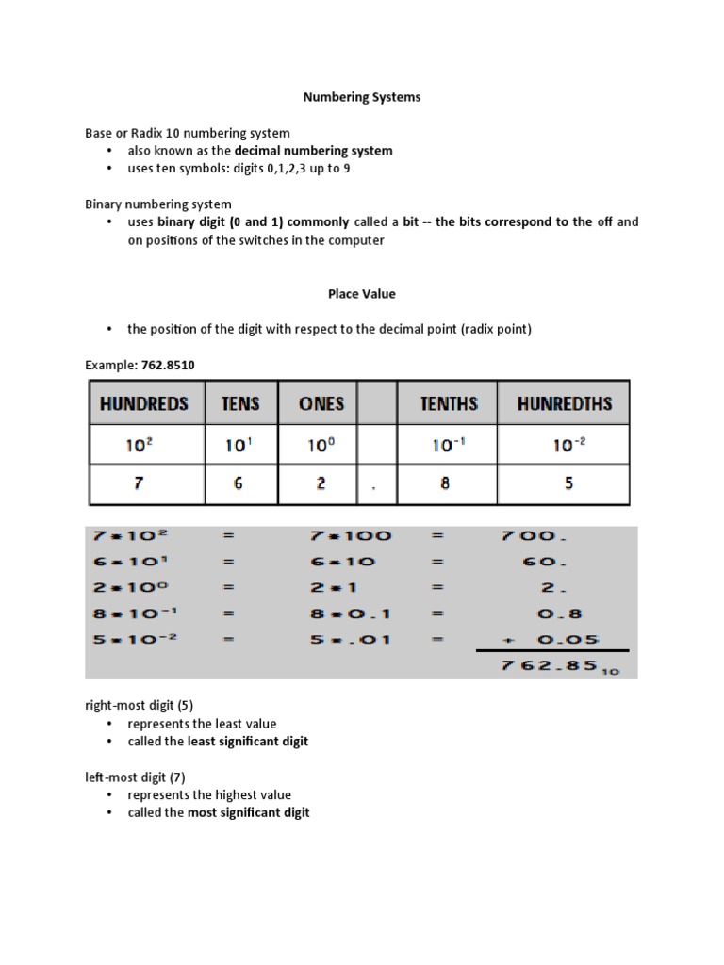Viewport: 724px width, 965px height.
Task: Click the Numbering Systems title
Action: coord(361,97)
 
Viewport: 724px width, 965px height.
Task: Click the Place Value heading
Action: coord(361,294)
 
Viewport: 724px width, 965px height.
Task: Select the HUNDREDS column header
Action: coord(144,403)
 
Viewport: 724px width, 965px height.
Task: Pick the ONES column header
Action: coord(321,403)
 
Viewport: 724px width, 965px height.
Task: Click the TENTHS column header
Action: coord(449,403)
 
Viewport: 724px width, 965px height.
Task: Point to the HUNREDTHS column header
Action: coord(564,403)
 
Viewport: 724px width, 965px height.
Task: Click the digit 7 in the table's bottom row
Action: coord(139,483)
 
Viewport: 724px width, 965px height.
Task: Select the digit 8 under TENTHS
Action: coord(445,483)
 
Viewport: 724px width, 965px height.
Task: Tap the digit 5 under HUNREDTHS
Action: coord(568,483)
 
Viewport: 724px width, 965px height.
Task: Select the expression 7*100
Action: coord(349,536)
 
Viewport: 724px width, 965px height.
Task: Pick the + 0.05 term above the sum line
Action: coord(537,639)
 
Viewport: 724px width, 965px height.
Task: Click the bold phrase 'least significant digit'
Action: coord(248,742)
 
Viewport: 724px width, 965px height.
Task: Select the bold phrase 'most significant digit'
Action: coord(249,812)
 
